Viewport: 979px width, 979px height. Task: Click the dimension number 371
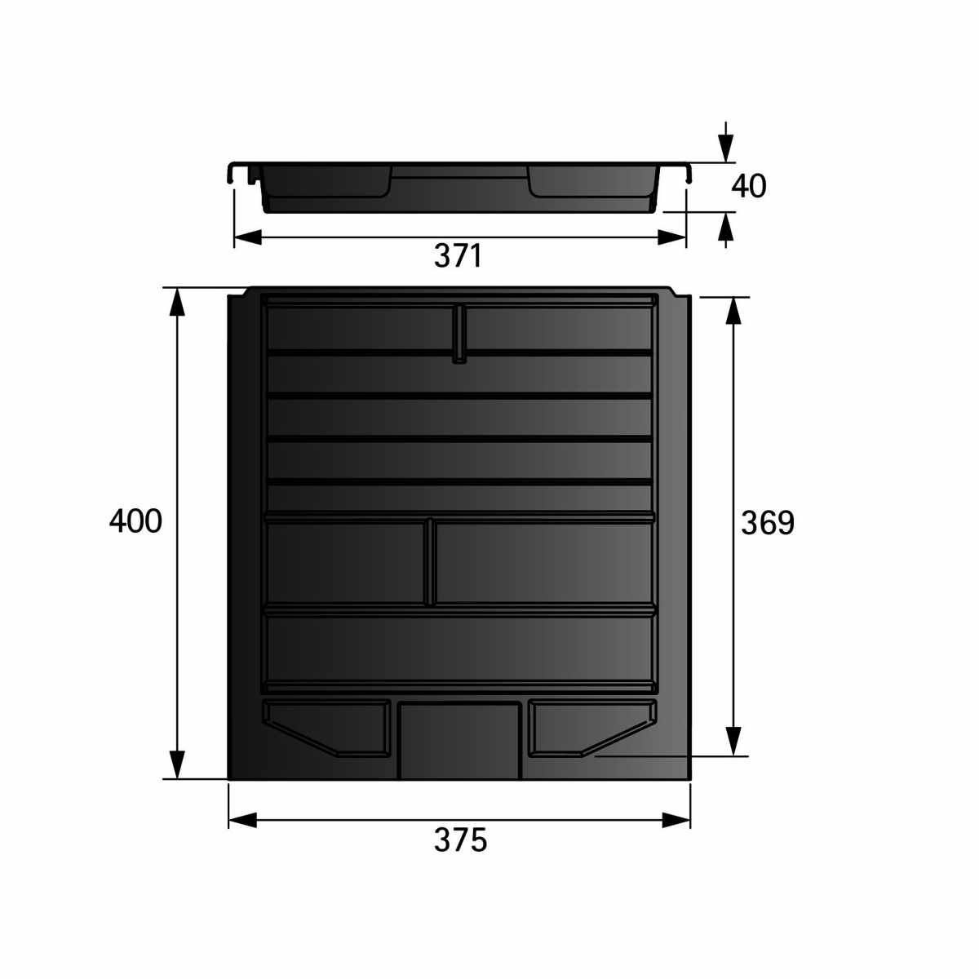(x=457, y=255)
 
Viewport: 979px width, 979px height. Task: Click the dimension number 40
(x=748, y=187)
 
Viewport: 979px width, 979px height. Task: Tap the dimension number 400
(x=135, y=521)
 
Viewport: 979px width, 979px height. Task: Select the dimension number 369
(x=767, y=523)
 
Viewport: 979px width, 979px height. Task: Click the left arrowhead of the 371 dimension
(x=247, y=237)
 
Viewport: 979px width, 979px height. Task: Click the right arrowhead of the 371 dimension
(x=672, y=237)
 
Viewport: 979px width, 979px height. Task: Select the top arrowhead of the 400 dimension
(x=176, y=303)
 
